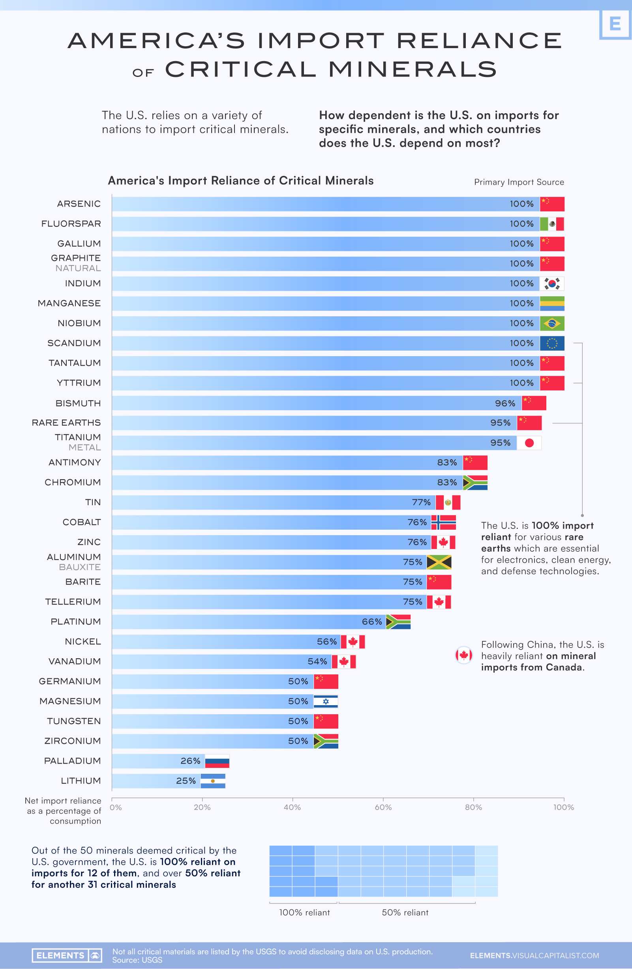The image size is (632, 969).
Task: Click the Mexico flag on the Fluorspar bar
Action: pyautogui.click(x=552, y=224)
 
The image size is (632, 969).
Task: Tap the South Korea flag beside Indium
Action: pyautogui.click(x=552, y=284)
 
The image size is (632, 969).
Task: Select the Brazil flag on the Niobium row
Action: pyautogui.click(x=552, y=323)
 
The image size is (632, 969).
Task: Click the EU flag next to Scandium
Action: pyautogui.click(x=552, y=343)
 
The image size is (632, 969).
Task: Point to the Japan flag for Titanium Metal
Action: pyautogui.click(x=529, y=443)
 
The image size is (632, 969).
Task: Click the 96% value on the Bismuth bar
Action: pyautogui.click(x=505, y=403)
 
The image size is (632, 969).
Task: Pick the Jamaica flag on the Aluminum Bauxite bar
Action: pyautogui.click(x=439, y=562)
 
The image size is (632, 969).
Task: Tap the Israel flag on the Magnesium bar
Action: pyautogui.click(x=326, y=702)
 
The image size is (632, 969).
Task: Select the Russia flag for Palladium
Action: pyautogui.click(x=217, y=761)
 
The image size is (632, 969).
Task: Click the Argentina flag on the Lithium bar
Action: pyautogui.click(x=213, y=781)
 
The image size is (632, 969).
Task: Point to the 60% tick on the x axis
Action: pyautogui.click(x=383, y=807)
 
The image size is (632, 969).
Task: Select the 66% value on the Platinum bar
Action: pyautogui.click(x=371, y=622)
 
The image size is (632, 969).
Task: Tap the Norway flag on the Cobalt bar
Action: pyautogui.click(x=443, y=523)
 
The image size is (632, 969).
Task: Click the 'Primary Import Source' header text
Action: pyautogui.click(x=519, y=182)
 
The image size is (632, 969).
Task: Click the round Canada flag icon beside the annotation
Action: pyautogui.click(x=464, y=655)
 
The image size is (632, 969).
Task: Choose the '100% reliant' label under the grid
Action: pyautogui.click(x=304, y=913)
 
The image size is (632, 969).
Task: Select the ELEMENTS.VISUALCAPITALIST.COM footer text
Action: pyautogui.click(x=534, y=956)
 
